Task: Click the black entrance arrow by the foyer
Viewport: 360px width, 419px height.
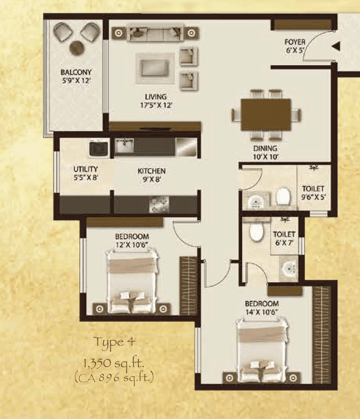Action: coord(336,47)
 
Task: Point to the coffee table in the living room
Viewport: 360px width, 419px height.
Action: coord(155,69)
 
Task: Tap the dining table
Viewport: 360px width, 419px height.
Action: coord(265,115)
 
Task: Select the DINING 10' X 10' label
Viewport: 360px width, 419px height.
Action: coord(265,152)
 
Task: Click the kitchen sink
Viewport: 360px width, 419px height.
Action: coord(124,146)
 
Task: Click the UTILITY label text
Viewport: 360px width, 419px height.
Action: coord(85,169)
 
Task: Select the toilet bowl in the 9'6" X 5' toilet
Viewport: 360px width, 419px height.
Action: coord(284,196)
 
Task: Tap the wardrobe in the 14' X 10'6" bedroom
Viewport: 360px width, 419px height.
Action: coord(321,335)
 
